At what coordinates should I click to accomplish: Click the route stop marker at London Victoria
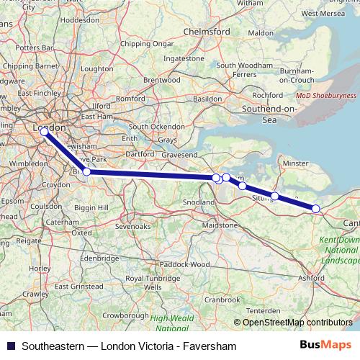coord(44,132)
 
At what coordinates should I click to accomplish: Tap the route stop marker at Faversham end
coord(315,208)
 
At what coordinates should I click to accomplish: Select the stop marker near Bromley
coord(86,171)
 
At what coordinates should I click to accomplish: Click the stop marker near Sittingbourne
coord(274,195)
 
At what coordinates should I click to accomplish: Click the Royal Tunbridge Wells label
coord(153,282)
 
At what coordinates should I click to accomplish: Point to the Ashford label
coord(332,276)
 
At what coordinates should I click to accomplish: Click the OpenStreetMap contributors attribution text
coord(297,323)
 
